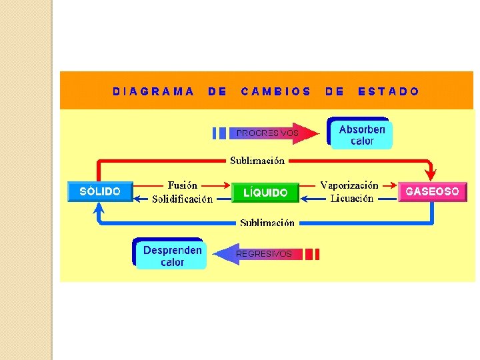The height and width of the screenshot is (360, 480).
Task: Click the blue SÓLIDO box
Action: pos(100,191)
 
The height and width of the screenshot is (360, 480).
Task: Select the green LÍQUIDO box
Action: pos(265,193)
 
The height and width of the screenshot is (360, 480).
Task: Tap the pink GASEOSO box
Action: pos(432,191)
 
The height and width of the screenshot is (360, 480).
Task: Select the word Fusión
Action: pos(182,185)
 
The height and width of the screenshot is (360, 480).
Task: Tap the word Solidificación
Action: pos(182,199)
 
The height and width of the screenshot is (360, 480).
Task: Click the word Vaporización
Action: pos(349,185)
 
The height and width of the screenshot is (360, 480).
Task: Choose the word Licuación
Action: pos(352,199)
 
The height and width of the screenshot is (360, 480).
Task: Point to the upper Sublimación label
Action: pos(257,161)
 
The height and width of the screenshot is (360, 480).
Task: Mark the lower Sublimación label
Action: pos(267,223)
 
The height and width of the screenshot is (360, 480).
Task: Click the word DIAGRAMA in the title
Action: pos(153,91)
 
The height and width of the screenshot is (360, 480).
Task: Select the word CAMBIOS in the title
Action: pos(276,91)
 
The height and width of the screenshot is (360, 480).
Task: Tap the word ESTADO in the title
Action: pos(389,91)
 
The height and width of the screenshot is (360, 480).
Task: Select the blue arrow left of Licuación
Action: pos(307,199)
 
